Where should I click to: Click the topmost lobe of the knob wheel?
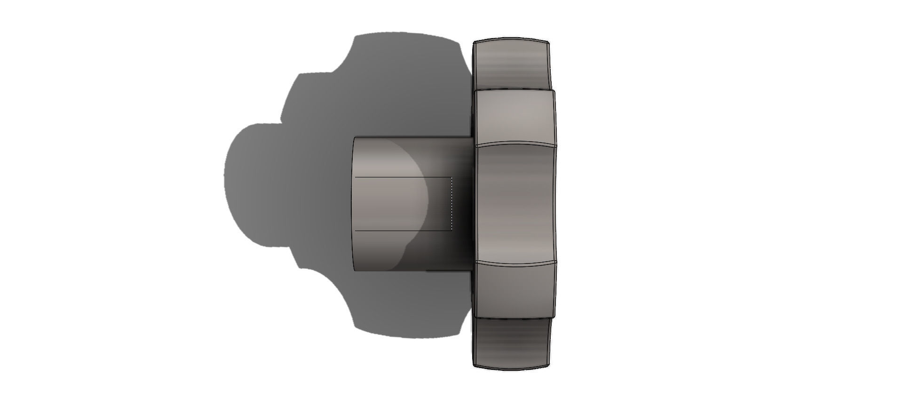[511, 64]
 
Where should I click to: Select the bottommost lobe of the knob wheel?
[511, 343]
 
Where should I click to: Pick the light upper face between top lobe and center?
[515, 116]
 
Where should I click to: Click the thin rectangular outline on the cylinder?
[403, 178]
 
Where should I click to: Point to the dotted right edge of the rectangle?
[452, 204]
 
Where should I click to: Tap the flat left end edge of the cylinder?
[354, 204]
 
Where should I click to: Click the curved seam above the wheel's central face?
[515, 143]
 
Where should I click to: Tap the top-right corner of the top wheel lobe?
[549, 43]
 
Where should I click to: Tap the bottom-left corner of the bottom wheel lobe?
[474, 365]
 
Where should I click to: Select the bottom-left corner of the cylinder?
[355, 270]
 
